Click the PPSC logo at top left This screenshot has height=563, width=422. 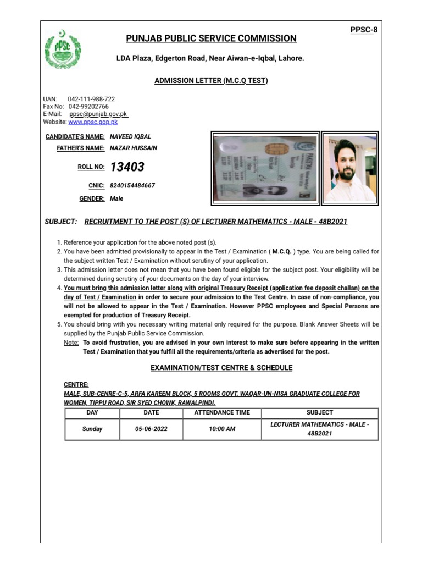click(x=62, y=49)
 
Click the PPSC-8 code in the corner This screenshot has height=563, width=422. click(x=364, y=30)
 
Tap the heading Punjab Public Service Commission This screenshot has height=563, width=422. click(x=211, y=38)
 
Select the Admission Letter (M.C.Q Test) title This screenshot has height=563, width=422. click(x=211, y=81)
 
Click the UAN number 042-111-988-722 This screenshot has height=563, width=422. click(x=91, y=99)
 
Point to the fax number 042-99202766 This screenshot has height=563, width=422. click(x=88, y=106)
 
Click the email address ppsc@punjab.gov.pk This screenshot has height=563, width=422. click(x=98, y=114)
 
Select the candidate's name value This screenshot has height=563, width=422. click(x=130, y=137)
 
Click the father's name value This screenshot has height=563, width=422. click(x=134, y=148)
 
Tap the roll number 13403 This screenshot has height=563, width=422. click(x=127, y=167)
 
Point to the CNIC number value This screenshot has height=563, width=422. click(x=132, y=186)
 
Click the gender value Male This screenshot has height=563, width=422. click(x=116, y=199)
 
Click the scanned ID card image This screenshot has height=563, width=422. click(x=265, y=167)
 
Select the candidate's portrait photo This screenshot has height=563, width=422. click(x=350, y=167)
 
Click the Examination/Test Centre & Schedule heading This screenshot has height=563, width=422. click(x=221, y=368)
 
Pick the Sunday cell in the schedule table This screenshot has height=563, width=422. click(x=92, y=429)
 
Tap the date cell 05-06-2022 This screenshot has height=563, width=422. click(x=151, y=429)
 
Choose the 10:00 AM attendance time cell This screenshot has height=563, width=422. click(x=222, y=429)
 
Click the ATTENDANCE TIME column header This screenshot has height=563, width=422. click(x=222, y=412)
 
